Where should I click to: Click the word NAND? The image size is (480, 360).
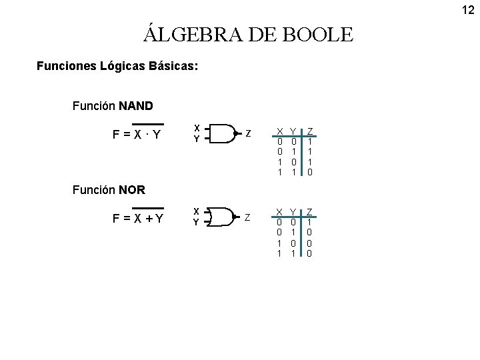[136, 105]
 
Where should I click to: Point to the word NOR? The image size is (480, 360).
[131, 189]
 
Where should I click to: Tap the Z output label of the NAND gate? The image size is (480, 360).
[248, 133]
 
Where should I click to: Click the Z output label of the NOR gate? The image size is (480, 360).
[248, 217]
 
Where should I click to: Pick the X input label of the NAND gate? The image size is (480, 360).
[197, 127]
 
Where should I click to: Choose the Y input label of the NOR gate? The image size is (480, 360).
[197, 222]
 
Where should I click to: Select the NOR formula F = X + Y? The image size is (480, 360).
[140, 219]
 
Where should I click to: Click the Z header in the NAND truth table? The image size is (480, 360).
[309, 131]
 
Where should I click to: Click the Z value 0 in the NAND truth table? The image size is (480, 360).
[309, 171]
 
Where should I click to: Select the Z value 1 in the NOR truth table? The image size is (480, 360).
[309, 222]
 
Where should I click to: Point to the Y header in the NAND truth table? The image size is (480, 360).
[295, 131]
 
